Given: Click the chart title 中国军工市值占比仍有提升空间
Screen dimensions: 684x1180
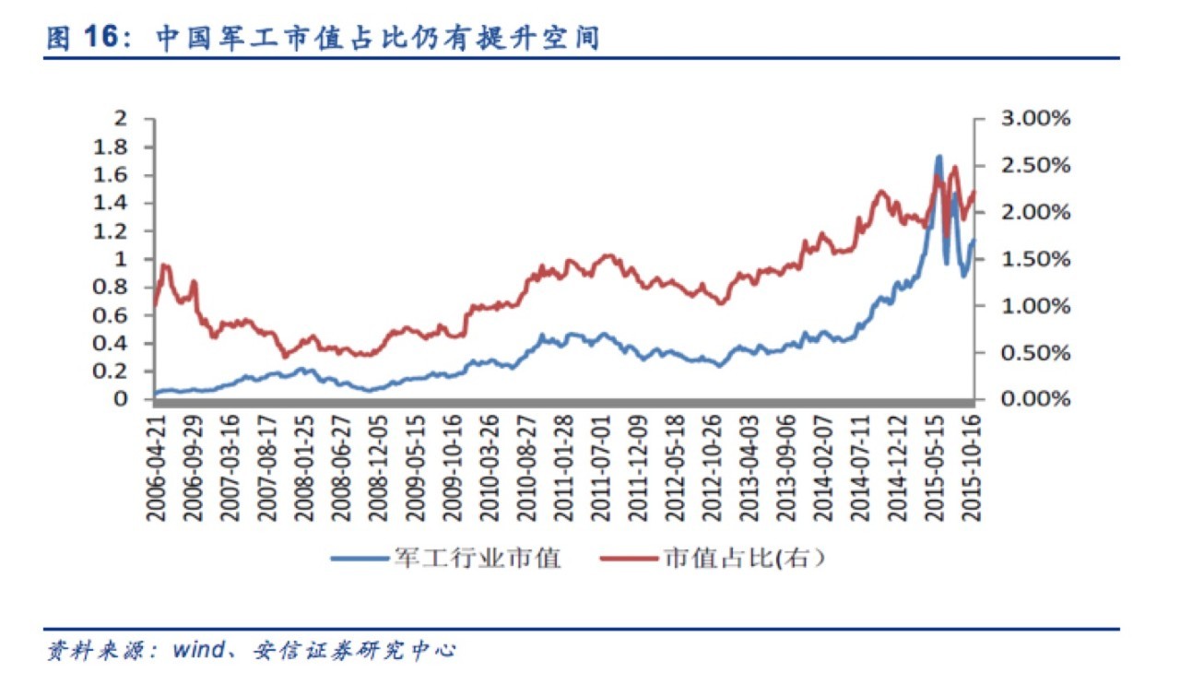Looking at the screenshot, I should (377, 38).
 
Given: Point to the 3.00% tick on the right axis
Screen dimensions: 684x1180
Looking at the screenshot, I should (1035, 119).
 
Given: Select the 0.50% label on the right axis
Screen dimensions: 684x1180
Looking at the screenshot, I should (1035, 353).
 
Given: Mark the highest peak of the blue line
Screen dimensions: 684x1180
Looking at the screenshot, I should (938, 158).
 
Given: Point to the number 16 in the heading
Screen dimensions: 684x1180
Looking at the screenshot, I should (103, 38).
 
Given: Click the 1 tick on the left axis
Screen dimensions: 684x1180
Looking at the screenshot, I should (121, 259).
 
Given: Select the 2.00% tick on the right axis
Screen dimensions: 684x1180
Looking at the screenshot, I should (1035, 213).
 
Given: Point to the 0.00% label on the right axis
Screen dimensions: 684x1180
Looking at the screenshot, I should (1035, 399).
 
